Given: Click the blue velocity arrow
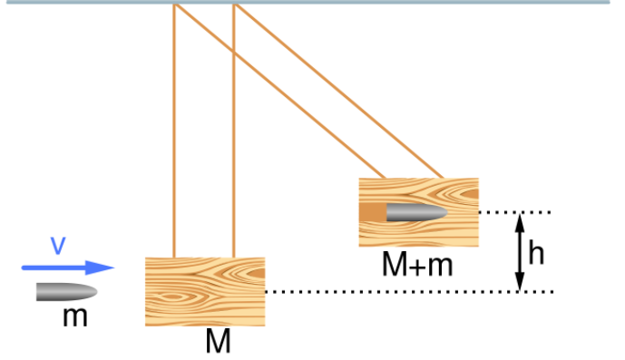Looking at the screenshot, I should tap(68, 268).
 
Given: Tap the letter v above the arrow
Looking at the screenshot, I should tap(57, 246).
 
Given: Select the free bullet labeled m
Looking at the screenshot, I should tap(66, 292).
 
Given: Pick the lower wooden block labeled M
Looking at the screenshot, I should tap(205, 291).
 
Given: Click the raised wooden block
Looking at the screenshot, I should tap(418, 212).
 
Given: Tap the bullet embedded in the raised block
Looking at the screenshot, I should tap(416, 213).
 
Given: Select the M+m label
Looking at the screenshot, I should tap(416, 265).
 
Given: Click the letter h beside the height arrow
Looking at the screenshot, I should tap(536, 253).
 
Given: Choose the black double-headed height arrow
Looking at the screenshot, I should tap(520, 252).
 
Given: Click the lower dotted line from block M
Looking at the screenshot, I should tap(408, 292).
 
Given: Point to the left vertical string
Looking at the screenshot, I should tap(173, 136).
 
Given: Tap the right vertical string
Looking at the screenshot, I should tap(234, 136).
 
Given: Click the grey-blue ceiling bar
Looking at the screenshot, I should tap(312, 2).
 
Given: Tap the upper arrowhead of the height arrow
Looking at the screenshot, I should tap(520, 219).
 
